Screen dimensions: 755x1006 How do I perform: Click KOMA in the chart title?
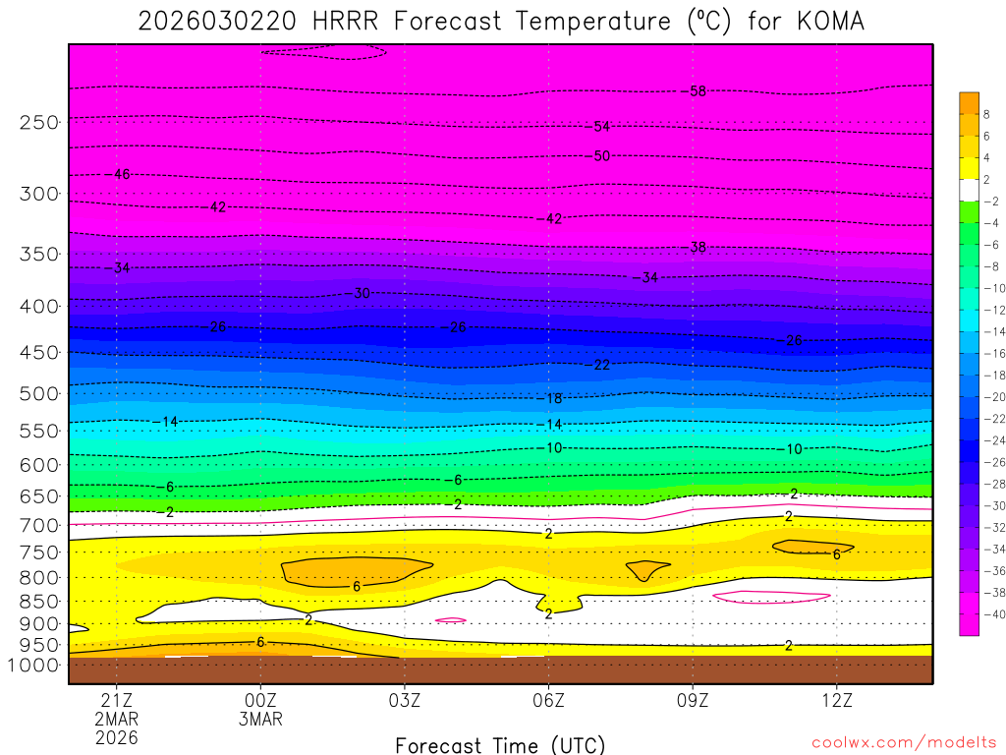coord(829,22)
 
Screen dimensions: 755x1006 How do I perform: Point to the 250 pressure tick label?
coord(38,122)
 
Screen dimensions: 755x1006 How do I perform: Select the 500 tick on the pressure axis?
coord(38,393)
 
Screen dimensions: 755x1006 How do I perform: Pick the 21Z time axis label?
coord(116,701)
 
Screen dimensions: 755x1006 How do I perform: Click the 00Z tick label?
coord(260,701)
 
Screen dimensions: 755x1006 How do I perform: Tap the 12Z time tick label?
coord(836,701)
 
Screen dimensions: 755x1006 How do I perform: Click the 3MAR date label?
coord(260,719)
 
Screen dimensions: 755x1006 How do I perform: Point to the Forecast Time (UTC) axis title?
coord(500,744)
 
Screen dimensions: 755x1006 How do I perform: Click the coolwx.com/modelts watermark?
coord(904,742)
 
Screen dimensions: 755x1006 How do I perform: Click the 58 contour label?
coord(698,91)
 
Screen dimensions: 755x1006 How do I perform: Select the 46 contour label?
coord(122,174)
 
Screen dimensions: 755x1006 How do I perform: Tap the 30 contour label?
coord(362,293)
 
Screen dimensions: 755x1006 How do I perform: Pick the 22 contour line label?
coord(602,365)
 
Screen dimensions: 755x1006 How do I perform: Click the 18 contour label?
coord(554,398)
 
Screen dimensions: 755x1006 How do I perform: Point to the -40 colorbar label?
coord(993,613)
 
